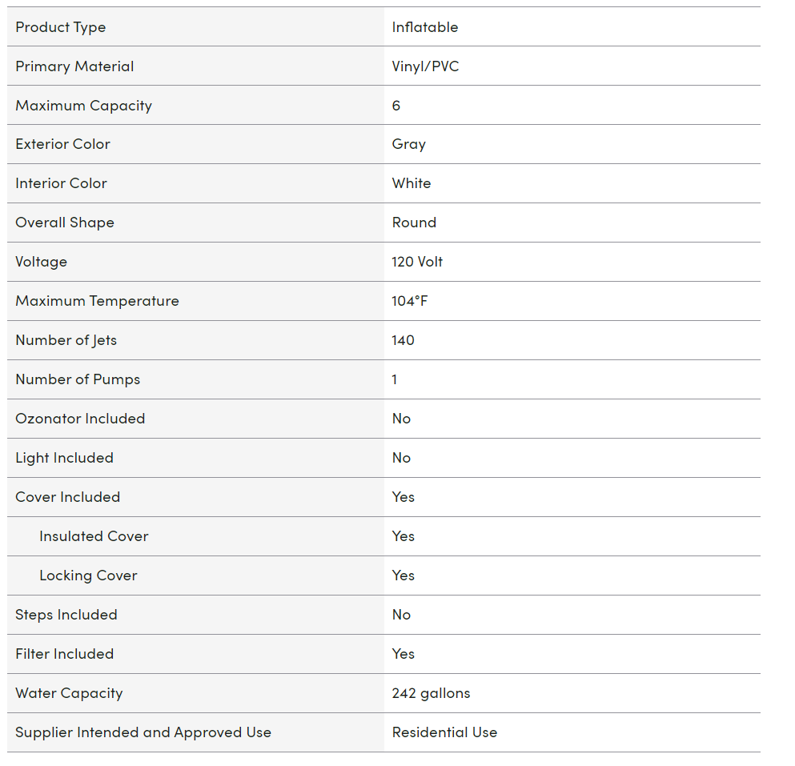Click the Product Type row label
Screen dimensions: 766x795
[x=61, y=27]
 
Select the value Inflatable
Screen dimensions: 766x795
[x=425, y=27]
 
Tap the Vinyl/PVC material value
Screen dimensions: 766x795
[x=426, y=66]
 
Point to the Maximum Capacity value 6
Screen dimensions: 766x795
[x=396, y=106]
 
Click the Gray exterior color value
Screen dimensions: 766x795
[x=409, y=145]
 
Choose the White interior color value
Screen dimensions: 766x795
[x=412, y=184]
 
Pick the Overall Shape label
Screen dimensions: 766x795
[x=65, y=223]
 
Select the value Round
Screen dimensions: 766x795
[x=414, y=223]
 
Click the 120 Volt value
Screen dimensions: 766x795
[x=417, y=262]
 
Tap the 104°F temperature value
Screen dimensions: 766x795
[x=410, y=301]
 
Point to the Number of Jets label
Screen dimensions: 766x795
[x=66, y=340]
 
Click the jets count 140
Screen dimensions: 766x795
[x=404, y=340]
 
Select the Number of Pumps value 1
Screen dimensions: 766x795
[x=395, y=379]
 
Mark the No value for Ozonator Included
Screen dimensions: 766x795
[x=401, y=419]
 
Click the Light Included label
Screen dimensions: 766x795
[x=65, y=458]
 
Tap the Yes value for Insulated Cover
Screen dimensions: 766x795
[x=404, y=536]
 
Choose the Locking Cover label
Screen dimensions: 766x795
[x=88, y=576]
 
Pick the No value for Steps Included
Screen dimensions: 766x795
[x=401, y=615]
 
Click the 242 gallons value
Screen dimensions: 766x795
[x=432, y=693]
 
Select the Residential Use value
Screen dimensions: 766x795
[x=444, y=732]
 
